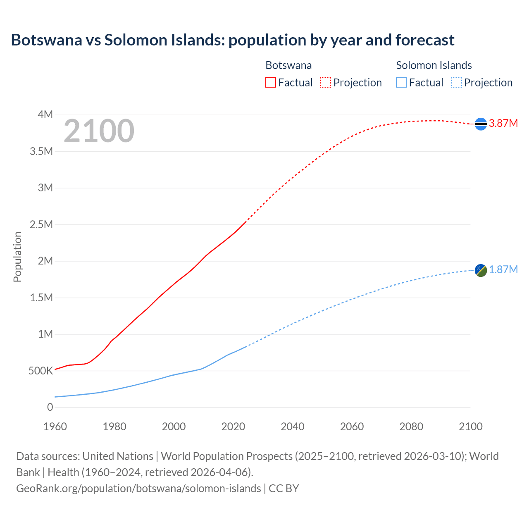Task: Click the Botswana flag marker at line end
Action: (481, 124)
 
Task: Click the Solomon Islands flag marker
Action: (481, 270)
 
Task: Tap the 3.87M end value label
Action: (503, 124)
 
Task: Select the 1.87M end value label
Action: (503, 270)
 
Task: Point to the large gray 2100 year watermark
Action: (99, 131)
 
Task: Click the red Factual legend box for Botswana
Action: (271, 83)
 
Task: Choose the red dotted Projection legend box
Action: (326, 83)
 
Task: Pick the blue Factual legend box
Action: (401, 83)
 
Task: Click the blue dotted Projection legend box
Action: (456, 83)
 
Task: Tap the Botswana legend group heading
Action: (288, 65)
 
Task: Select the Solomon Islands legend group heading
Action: (434, 65)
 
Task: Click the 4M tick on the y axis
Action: (45, 114)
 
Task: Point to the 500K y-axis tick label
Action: (41, 371)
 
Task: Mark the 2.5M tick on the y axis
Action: (41, 224)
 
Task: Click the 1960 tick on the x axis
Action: (55, 427)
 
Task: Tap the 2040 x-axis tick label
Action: (293, 427)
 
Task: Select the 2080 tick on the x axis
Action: (411, 427)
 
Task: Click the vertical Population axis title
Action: (17, 257)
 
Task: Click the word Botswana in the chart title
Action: (46, 40)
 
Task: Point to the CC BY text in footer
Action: (284, 488)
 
